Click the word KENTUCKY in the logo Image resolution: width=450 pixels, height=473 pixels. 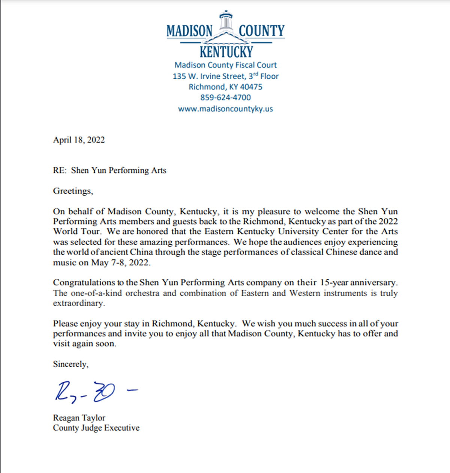[226, 52]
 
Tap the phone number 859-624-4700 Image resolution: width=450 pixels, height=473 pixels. [225, 98]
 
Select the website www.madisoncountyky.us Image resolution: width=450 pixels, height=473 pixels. [225, 109]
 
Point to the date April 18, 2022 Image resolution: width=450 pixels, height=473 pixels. [79, 140]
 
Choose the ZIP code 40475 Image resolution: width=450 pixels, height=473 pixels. [251, 87]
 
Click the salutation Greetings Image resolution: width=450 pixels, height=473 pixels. [72, 191]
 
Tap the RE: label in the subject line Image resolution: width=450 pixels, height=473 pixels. [59, 170]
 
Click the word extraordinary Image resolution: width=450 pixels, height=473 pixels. [79, 303]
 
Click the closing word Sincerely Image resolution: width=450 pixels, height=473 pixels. [70, 364]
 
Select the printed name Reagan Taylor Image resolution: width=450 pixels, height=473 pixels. [79, 418]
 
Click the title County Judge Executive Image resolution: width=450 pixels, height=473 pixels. [96, 428]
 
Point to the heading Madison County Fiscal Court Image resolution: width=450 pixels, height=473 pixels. [225, 65]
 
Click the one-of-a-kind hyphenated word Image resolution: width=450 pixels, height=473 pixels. [96, 293]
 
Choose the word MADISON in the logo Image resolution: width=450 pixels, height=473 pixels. [189, 31]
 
